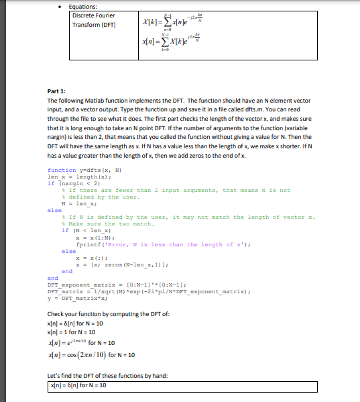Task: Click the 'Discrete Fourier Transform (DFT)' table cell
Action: click(94, 20)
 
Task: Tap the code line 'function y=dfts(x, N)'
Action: click(85, 170)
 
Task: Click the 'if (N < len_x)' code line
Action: click(84, 230)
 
